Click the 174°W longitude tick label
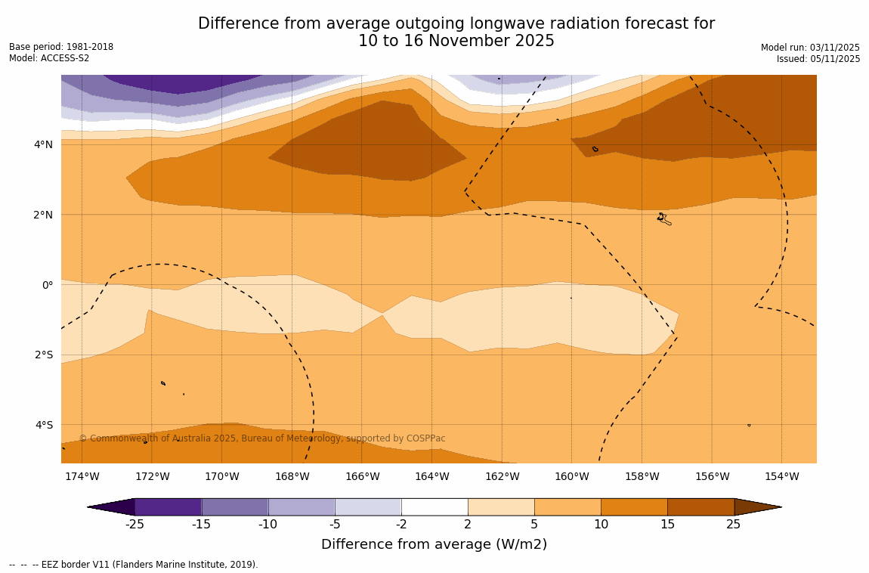point(82,476)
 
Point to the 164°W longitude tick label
point(432,476)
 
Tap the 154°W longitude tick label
point(781,476)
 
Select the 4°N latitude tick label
point(44,144)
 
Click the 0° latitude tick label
point(48,285)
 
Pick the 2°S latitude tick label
point(44,355)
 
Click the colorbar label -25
point(135,524)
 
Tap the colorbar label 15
point(667,524)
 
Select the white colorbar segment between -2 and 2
point(434,506)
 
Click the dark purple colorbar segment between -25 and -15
point(168,506)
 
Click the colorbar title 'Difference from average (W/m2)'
point(434,544)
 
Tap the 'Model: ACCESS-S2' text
point(49,58)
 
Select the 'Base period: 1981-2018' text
point(61,47)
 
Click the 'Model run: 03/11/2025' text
point(810,48)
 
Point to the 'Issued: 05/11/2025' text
point(818,59)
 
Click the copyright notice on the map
point(262,438)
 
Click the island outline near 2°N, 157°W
point(663,218)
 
